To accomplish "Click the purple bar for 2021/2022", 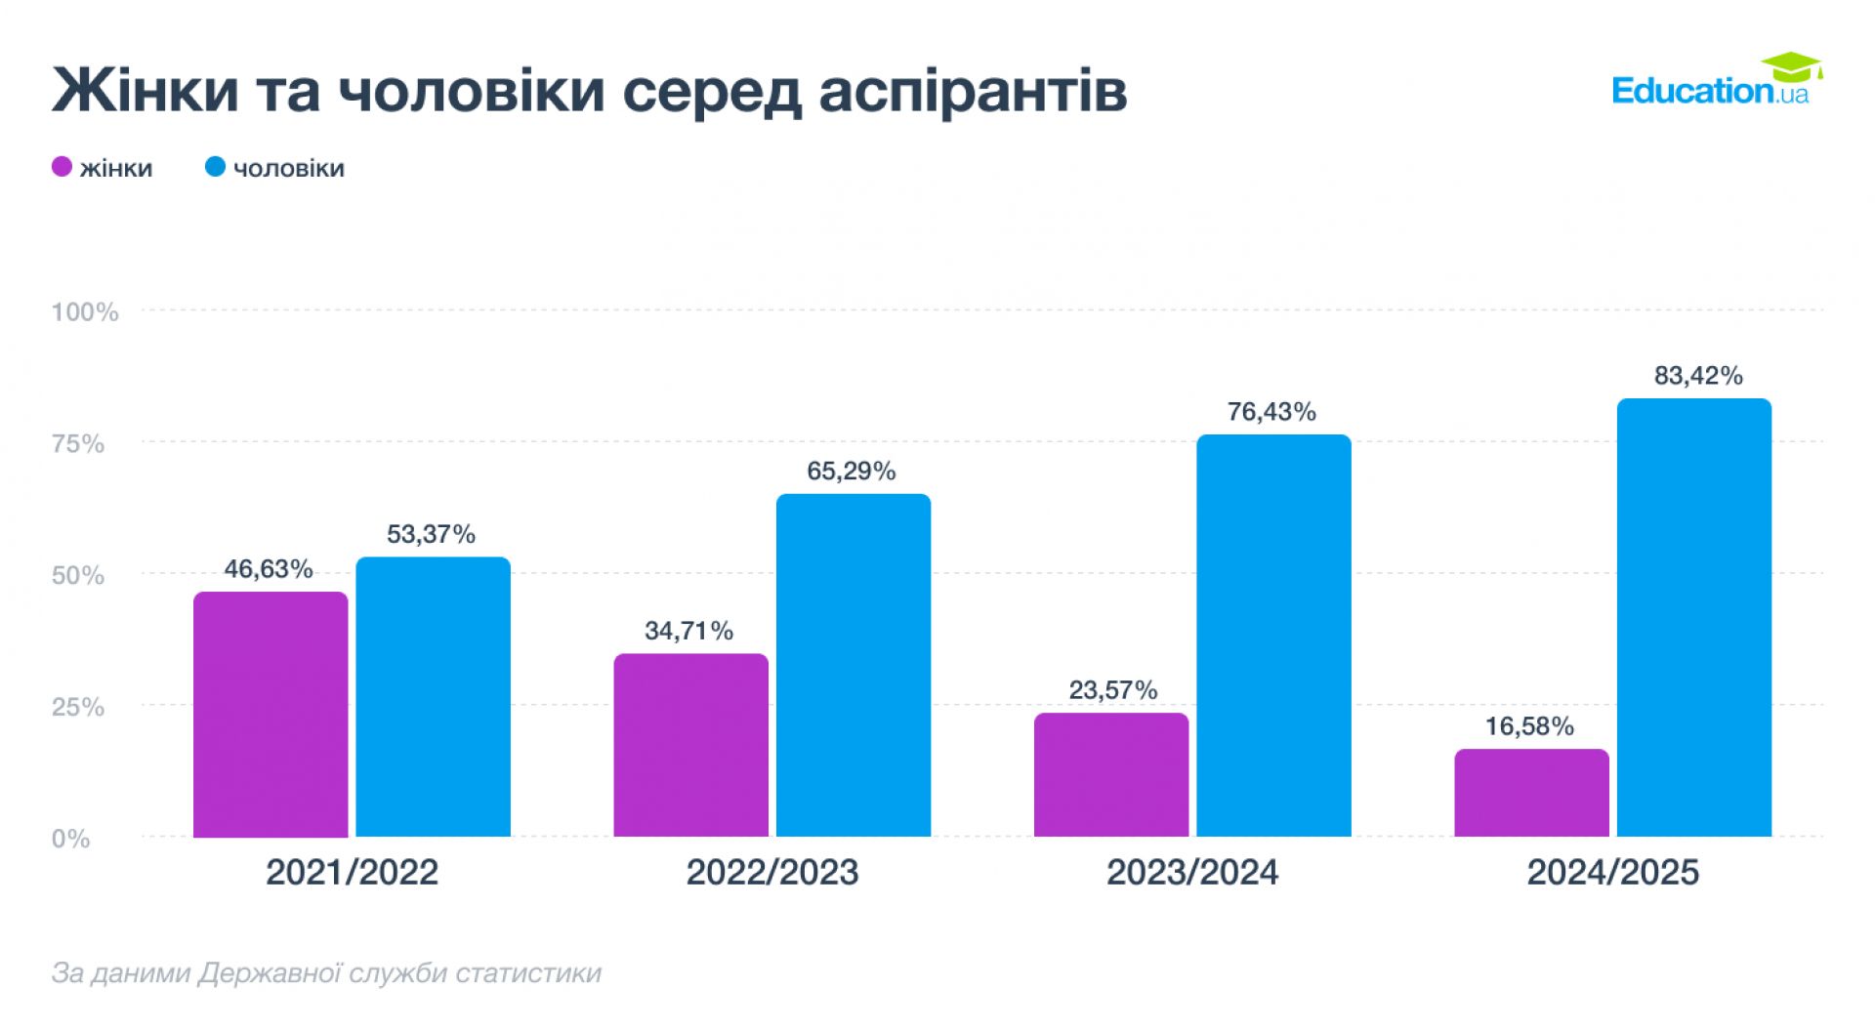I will [x=271, y=714].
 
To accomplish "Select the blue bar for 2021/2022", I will [x=433, y=697].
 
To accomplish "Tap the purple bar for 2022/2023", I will [x=690, y=745].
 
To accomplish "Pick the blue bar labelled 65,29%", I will [x=853, y=665].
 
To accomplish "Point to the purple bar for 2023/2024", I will [x=1111, y=774].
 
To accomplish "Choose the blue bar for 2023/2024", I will [x=1273, y=636].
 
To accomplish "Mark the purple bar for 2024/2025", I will [x=1531, y=793].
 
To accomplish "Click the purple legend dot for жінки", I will [x=62, y=167].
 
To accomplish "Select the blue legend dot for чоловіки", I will [x=215, y=167].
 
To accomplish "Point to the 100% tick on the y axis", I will [x=85, y=312].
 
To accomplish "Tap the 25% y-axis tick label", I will [x=78, y=707].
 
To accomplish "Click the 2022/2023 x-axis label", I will [x=771, y=872].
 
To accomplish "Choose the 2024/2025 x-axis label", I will [x=1612, y=872].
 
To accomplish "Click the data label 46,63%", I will [x=269, y=569].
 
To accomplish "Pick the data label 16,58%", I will [x=1529, y=726].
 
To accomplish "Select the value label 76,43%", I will [x=1271, y=412].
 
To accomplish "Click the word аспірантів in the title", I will [x=973, y=91].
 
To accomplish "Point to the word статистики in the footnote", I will [x=528, y=973].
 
